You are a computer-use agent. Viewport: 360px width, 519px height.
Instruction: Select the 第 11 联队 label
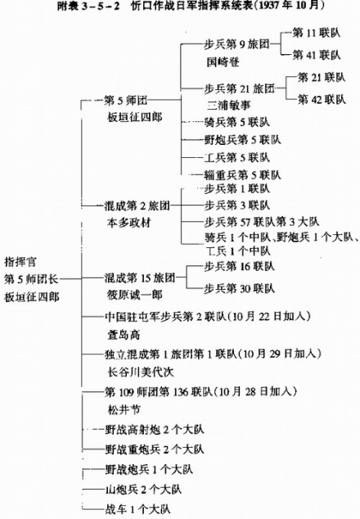317,33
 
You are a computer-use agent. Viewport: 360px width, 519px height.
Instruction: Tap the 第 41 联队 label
317,55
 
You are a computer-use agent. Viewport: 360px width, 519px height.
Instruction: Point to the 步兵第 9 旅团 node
237,44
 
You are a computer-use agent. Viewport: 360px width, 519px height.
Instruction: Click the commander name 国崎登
223,61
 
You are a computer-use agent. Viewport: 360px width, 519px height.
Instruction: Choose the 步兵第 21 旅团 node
240,88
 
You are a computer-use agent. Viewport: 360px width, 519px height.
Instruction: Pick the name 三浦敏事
228,106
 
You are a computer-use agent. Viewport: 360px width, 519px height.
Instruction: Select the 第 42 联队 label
322,99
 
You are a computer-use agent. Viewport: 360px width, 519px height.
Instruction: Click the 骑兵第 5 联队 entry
237,122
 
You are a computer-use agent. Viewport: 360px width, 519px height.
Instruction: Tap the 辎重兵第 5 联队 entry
242,174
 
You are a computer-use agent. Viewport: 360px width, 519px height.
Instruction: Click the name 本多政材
129,223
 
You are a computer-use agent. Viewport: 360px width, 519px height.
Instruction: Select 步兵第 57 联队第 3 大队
262,222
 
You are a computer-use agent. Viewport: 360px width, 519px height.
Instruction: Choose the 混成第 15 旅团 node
140,278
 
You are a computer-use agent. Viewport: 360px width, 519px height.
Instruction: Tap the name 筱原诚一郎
135,295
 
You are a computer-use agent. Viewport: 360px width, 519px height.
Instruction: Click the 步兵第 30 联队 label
239,288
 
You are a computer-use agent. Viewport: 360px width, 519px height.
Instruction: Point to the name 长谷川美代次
140,372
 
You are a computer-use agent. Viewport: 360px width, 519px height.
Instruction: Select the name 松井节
124,410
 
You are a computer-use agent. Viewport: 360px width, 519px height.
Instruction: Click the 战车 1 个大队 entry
137,508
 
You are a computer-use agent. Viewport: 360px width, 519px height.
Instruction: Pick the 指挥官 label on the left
20,262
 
